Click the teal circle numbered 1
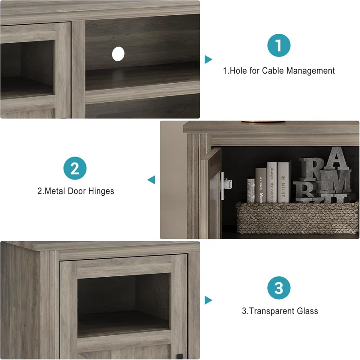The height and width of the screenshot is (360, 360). (279, 45)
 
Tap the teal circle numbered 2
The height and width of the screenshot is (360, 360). (75, 169)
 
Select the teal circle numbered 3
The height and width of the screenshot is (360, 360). (279, 288)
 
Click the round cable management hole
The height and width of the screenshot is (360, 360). (118, 54)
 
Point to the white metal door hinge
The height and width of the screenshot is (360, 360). (227, 183)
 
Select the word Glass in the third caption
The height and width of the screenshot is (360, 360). (307, 311)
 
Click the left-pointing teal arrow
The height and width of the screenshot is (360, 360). (151, 180)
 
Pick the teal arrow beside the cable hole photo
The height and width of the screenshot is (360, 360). (208, 59)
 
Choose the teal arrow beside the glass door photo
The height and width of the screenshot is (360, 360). (208, 300)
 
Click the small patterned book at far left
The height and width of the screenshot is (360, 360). (251, 190)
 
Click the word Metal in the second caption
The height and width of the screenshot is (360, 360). (55, 191)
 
